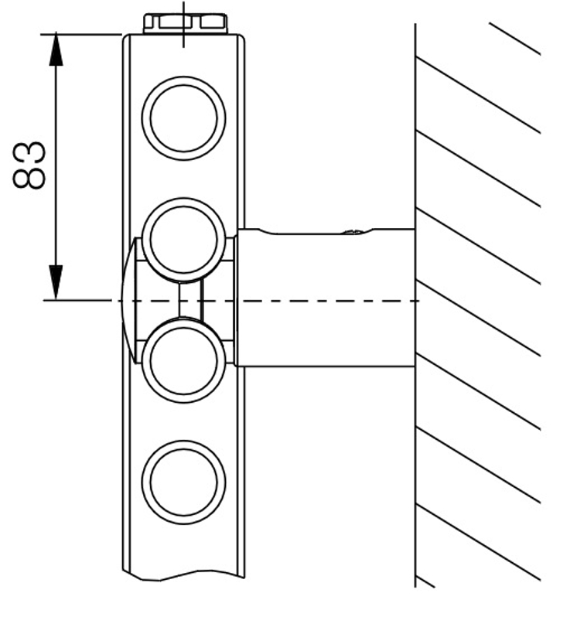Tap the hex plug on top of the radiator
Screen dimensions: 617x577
point(185,22)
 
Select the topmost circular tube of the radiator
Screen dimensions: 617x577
point(184,118)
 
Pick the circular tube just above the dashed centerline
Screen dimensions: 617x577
point(184,240)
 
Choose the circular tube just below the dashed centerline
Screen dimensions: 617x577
point(184,361)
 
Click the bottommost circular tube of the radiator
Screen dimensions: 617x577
point(184,482)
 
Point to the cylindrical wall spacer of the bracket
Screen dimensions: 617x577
point(325,297)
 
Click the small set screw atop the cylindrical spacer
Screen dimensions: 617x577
point(352,230)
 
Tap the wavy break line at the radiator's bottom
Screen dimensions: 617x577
point(184,577)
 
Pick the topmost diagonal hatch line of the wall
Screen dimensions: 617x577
point(514,39)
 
